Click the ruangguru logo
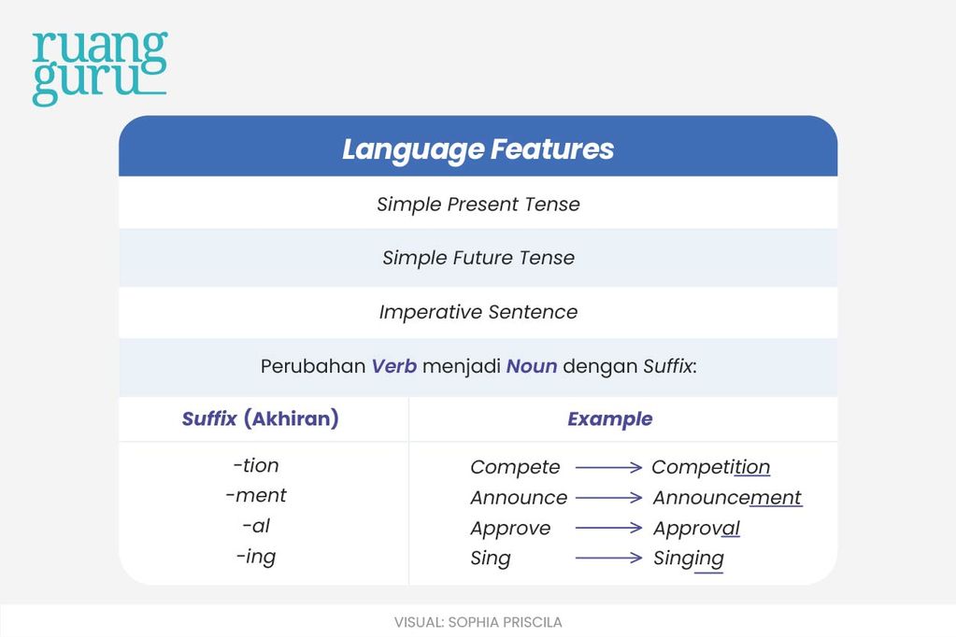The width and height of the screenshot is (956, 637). (100, 68)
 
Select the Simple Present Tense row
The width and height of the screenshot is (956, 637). (478, 205)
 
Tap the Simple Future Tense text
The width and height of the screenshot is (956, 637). (478, 258)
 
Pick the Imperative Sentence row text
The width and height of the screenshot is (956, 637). (478, 312)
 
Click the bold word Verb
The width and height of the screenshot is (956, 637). (394, 366)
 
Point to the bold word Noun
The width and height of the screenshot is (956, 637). (532, 366)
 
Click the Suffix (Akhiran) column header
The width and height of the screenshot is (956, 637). (261, 418)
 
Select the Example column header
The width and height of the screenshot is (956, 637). (609, 418)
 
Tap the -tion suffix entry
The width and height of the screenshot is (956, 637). (256, 466)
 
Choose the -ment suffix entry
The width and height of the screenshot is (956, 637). (256, 496)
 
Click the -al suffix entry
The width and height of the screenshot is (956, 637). (256, 526)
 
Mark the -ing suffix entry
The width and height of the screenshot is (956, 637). (256, 557)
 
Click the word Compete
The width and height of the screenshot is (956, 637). (515, 468)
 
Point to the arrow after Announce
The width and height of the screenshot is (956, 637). (608, 498)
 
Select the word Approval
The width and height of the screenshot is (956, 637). (696, 529)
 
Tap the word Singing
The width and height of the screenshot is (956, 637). (689, 559)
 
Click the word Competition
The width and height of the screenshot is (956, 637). (711, 468)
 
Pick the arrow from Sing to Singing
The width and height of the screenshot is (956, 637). (608, 558)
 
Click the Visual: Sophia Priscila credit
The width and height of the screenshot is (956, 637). (478, 622)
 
